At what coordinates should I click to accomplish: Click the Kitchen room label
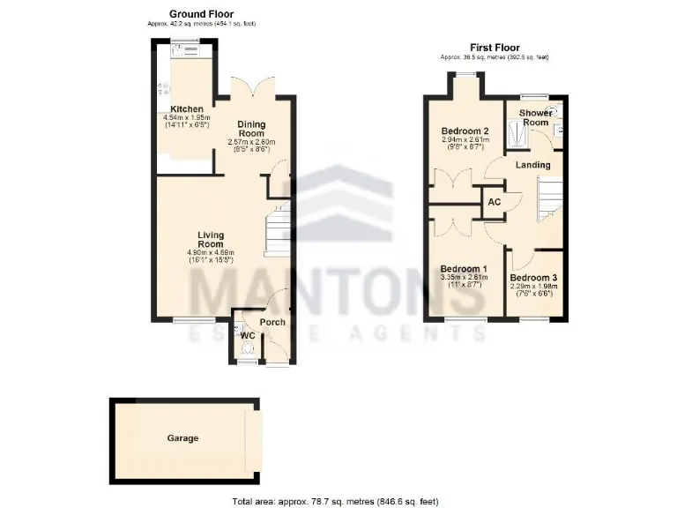point(186,109)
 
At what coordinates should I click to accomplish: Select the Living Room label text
point(211,239)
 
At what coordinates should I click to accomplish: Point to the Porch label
point(273,322)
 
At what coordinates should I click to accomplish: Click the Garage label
point(182,438)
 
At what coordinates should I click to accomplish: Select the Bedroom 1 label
point(463,269)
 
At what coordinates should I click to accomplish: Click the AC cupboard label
point(495,202)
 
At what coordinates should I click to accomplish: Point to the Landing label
point(532,165)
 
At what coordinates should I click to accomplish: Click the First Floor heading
point(494,48)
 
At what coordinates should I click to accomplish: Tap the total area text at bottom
point(335,501)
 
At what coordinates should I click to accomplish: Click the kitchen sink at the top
point(190,50)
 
